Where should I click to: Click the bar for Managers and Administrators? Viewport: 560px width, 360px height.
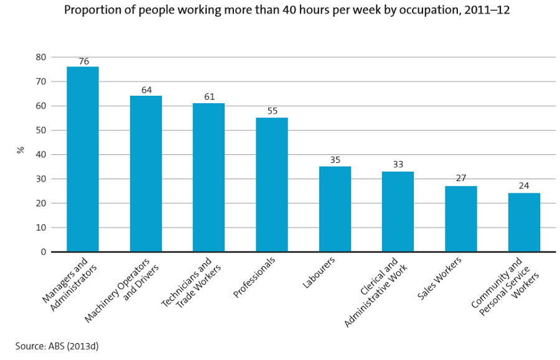[x=83, y=159]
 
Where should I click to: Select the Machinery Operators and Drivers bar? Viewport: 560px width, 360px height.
[x=146, y=173]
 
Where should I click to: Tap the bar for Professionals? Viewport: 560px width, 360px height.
[x=272, y=185]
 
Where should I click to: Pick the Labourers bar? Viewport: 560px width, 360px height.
[x=335, y=209]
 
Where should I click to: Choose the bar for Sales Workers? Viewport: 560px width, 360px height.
[x=461, y=219]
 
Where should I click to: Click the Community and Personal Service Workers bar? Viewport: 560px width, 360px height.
[x=524, y=223]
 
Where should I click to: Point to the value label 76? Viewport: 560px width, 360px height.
[x=83, y=62]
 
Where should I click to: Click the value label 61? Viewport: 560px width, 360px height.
[x=209, y=98]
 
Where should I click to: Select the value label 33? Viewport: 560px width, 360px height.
[x=398, y=165]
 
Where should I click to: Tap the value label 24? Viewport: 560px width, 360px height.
[x=524, y=187]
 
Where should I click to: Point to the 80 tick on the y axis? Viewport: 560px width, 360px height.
[x=40, y=57]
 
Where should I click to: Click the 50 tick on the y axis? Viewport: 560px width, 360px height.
[x=40, y=131]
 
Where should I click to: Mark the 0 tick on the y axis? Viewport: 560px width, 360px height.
[x=43, y=252]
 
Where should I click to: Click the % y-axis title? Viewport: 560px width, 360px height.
[x=21, y=150]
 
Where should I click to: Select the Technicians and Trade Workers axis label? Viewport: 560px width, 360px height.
[x=189, y=283]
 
